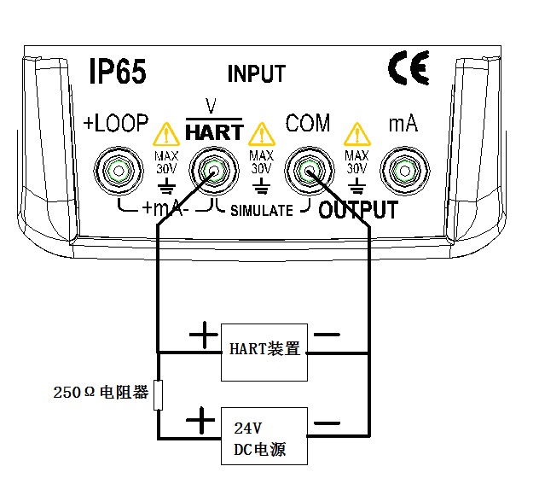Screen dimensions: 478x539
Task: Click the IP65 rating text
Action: pyautogui.click(x=118, y=72)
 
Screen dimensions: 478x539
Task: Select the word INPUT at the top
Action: pyautogui.click(x=257, y=73)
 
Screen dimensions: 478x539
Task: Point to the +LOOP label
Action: pyautogui.click(x=116, y=125)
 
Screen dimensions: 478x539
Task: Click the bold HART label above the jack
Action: pyautogui.click(x=214, y=132)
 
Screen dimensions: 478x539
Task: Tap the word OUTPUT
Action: pyautogui.click(x=358, y=211)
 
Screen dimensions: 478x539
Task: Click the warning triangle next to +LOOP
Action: pyautogui.click(x=164, y=134)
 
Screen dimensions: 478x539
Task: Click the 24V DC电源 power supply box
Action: pyautogui.click(x=264, y=435)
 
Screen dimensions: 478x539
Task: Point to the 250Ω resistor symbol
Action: pyautogui.click(x=158, y=395)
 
